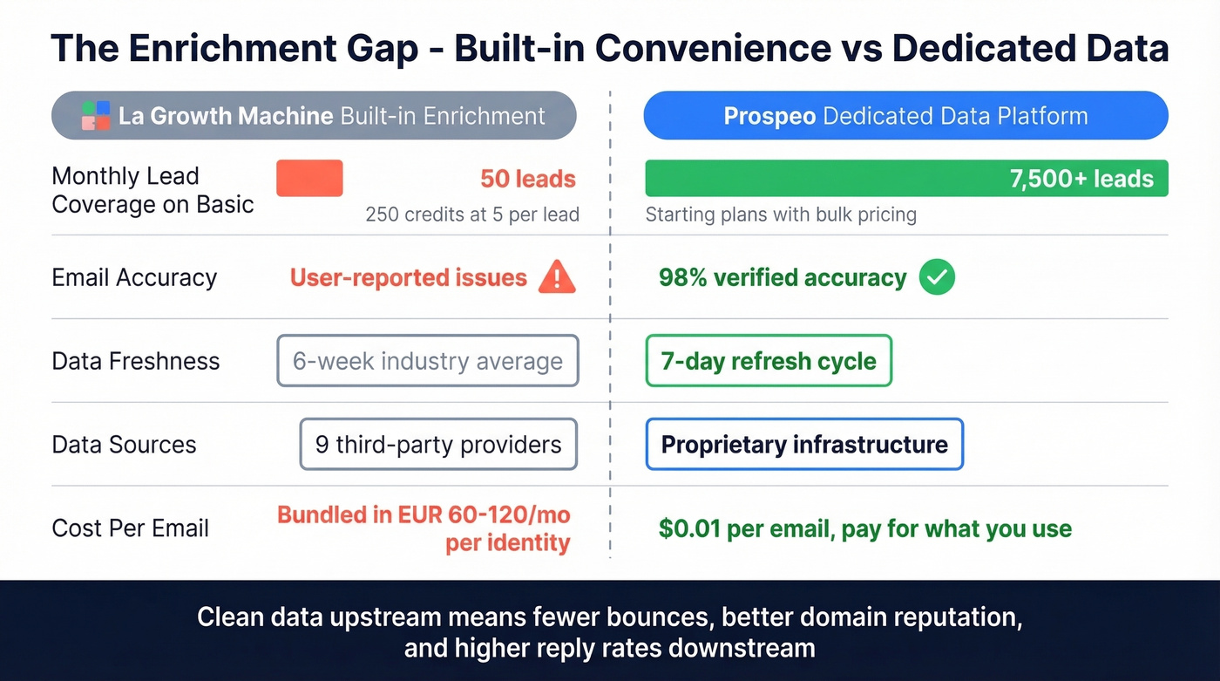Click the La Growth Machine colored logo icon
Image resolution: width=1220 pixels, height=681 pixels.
tap(95, 116)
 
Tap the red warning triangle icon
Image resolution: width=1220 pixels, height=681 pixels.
tap(557, 278)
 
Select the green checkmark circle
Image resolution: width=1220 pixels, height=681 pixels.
tap(938, 278)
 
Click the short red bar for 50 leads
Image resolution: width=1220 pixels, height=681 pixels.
tap(309, 178)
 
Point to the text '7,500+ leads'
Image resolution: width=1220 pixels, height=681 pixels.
tap(1081, 179)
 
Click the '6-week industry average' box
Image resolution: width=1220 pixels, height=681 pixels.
tap(428, 361)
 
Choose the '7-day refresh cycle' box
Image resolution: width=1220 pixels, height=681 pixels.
tap(769, 361)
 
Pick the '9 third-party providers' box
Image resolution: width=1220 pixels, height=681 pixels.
tap(438, 445)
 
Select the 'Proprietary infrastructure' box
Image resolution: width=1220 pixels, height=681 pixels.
tap(803, 445)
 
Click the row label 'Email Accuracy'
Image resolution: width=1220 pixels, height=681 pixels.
tap(134, 278)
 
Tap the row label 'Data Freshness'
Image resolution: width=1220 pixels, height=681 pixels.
tap(136, 361)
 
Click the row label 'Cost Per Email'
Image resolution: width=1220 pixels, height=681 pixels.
tap(131, 528)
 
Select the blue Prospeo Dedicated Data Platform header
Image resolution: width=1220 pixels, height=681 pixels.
tap(905, 116)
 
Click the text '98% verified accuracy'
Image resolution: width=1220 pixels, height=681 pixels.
tap(783, 278)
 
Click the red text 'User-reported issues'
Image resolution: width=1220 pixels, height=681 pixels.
tap(409, 278)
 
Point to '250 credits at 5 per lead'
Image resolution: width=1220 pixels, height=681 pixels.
tap(472, 215)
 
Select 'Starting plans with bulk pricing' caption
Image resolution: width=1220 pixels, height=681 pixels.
tap(781, 215)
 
